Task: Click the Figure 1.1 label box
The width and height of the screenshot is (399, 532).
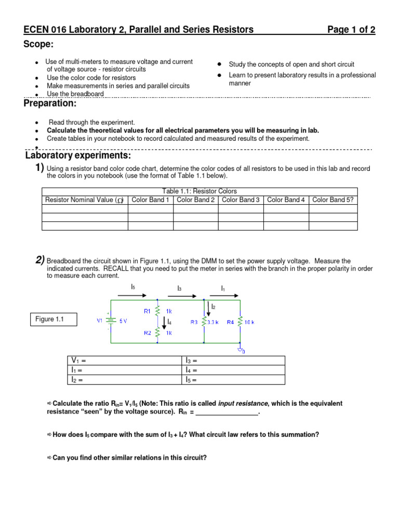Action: [x=54, y=320]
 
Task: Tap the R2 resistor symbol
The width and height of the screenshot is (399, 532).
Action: [x=157, y=332]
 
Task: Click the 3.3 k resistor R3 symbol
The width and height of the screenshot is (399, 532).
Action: [x=203, y=322]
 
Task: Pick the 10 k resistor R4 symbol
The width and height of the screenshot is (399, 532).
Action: [x=240, y=322]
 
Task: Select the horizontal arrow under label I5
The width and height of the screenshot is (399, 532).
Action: [x=132, y=295]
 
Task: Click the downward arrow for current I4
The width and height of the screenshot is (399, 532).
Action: [x=165, y=323]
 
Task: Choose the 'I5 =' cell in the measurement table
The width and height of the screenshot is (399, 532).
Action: [x=234, y=380]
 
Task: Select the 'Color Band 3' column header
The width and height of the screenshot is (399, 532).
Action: [x=241, y=200]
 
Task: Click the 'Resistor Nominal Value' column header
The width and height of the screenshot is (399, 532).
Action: [x=84, y=200]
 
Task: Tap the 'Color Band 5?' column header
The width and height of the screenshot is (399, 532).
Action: [x=333, y=200]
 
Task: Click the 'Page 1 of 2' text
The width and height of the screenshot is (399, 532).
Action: [x=351, y=30]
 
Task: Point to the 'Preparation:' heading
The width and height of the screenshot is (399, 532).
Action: [x=50, y=104]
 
